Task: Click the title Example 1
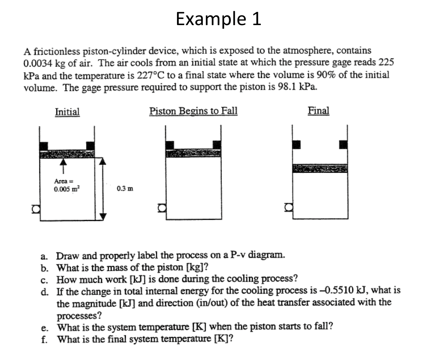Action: tap(218, 18)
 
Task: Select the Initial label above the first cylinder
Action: tap(67, 112)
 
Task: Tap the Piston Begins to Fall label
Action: tap(193, 111)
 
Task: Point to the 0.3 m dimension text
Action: tap(125, 189)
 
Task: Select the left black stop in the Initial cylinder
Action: tap(44, 146)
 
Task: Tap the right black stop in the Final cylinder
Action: tap(343, 144)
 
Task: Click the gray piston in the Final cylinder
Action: tap(320, 168)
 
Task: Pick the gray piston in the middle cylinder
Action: tap(193, 153)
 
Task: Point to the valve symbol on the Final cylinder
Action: tap(288, 207)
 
